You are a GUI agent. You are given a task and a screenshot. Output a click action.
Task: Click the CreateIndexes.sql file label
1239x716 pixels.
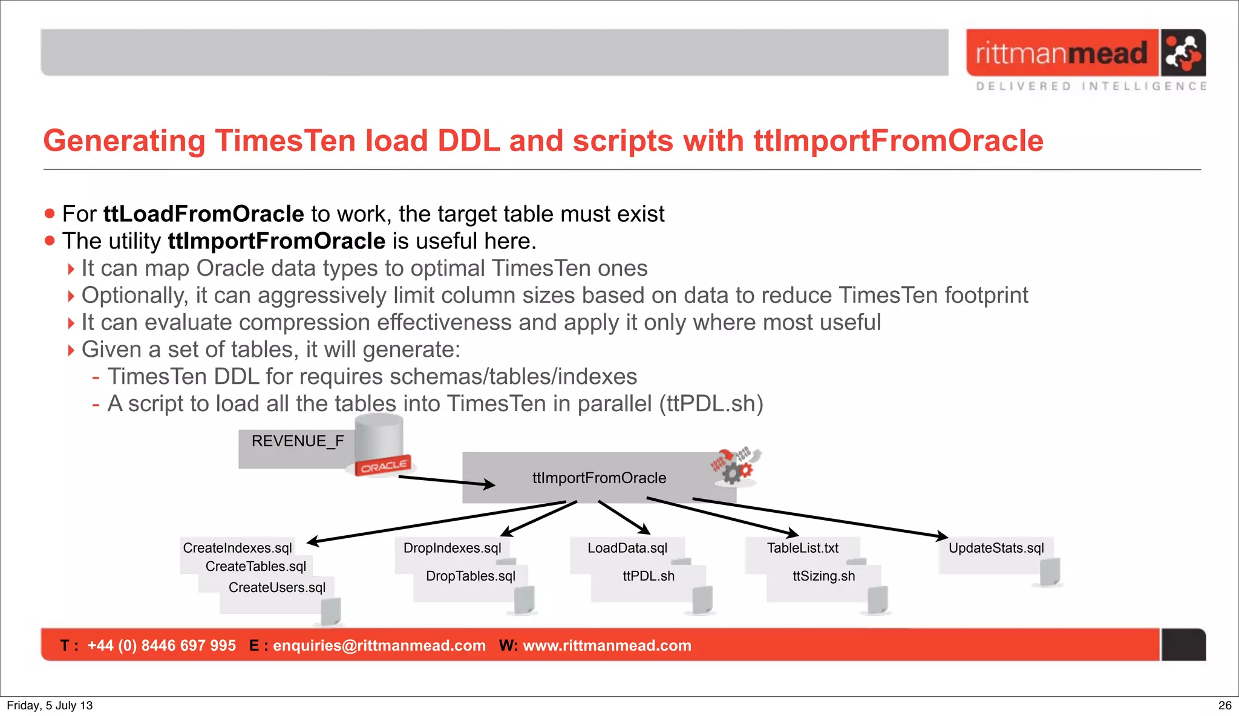coord(237,548)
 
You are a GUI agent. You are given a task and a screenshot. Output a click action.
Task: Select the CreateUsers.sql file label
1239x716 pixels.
coord(276,587)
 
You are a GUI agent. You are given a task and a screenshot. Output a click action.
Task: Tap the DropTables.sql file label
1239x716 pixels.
coord(470,576)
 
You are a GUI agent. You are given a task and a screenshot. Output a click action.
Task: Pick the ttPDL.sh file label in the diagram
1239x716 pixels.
coord(648,576)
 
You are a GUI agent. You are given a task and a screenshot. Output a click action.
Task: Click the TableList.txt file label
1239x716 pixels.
coord(802,548)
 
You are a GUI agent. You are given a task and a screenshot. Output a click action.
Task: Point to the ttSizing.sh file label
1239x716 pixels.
coord(823,576)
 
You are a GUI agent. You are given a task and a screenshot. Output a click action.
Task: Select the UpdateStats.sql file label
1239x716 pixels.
coord(996,548)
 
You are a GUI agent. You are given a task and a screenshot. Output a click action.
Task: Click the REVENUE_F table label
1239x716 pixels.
coord(297,441)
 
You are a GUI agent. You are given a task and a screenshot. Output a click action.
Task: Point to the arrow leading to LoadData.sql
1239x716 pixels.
coord(624,517)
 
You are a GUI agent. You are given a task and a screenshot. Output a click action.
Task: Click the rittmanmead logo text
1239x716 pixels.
coord(1061,53)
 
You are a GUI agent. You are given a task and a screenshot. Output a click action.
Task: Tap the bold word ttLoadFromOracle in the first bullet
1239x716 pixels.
coord(203,214)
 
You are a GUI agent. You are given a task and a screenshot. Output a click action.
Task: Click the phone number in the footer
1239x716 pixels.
coord(161,645)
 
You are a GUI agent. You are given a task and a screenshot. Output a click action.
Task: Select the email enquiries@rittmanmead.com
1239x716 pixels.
coord(379,645)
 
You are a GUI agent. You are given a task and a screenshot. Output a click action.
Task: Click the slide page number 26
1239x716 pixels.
coord(1224,705)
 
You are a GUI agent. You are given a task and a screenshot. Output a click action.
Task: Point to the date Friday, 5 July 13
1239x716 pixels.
coord(50,705)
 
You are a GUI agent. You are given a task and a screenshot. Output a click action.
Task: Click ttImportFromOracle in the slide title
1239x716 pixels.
coord(898,141)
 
